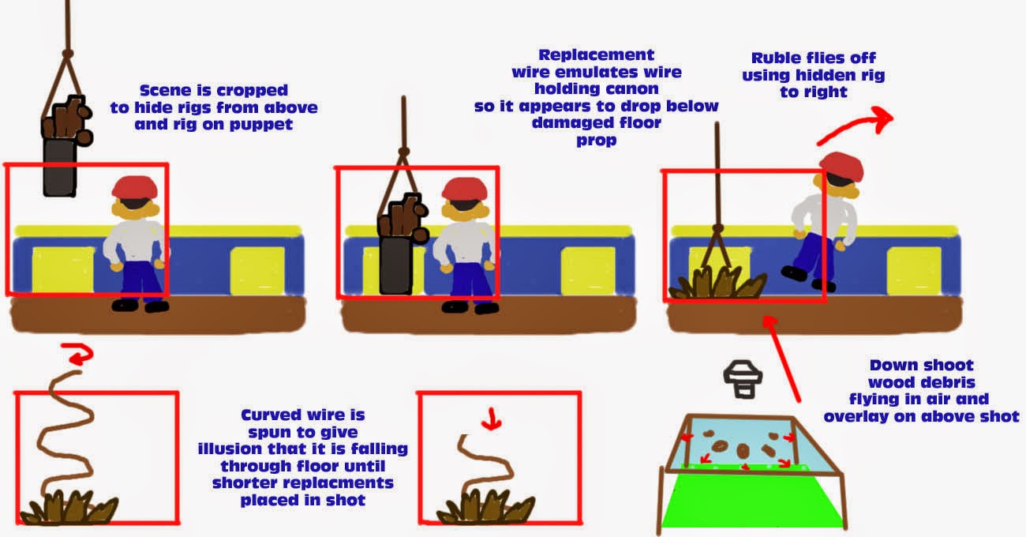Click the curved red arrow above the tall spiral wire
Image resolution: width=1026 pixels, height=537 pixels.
pos(77,356)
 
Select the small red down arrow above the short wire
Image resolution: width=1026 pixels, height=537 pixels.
pos(492,418)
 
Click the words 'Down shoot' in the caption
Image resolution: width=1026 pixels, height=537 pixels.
pos(921,365)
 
